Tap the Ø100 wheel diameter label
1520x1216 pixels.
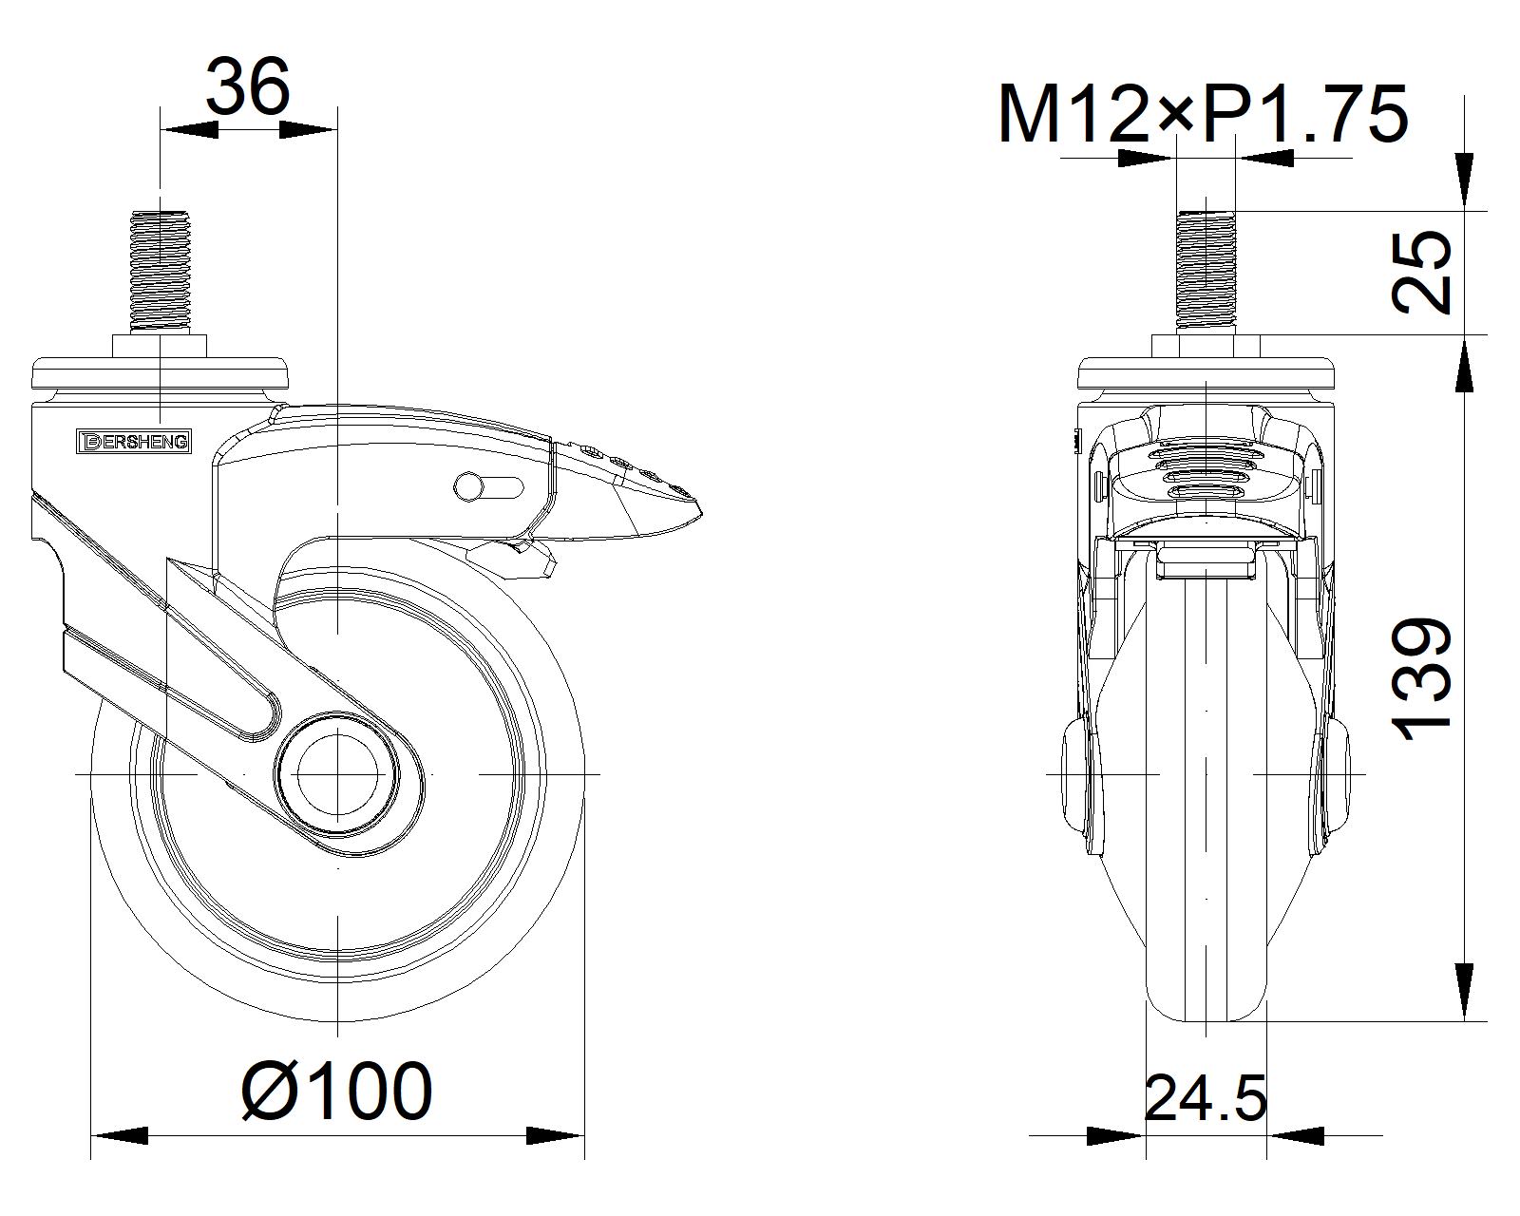point(336,1091)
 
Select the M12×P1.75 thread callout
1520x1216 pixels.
point(1203,114)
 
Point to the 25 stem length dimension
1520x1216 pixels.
point(1421,272)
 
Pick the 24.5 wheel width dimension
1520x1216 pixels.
point(1206,1099)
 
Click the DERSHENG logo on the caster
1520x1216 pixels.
point(134,442)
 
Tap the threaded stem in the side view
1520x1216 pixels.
point(161,272)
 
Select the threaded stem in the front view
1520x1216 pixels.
point(1206,272)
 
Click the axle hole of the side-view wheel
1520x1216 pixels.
point(337,774)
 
